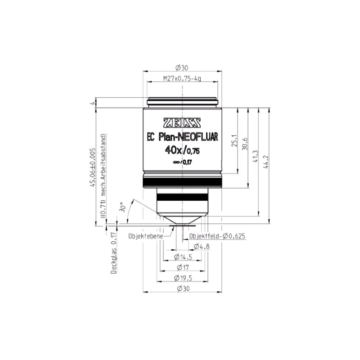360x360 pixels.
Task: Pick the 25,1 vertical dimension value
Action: tap(233, 140)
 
